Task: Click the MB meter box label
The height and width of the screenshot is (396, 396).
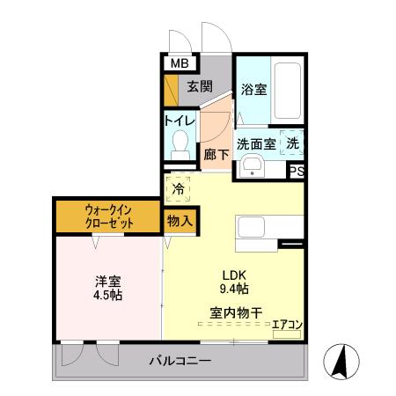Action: [x=180, y=63]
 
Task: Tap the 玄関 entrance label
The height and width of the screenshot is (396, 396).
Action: [x=199, y=86]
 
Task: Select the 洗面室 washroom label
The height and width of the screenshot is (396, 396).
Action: [x=256, y=143]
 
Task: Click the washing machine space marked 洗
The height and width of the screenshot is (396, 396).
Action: [x=293, y=143]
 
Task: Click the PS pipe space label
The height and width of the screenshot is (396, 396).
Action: [x=297, y=172]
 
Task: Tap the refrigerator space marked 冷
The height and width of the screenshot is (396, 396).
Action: [x=179, y=188]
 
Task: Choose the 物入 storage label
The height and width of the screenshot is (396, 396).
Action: [x=180, y=221]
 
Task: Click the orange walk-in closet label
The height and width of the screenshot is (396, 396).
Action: [x=109, y=217]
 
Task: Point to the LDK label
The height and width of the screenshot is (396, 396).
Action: [x=233, y=273]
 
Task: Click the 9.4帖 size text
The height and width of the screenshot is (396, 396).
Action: [x=233, y=287]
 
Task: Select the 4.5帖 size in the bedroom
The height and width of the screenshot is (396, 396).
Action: [x=108, y=295]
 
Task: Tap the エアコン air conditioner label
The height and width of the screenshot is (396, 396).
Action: [x=286, y=325]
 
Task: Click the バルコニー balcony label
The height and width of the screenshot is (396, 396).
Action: [x=180, y=361]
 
